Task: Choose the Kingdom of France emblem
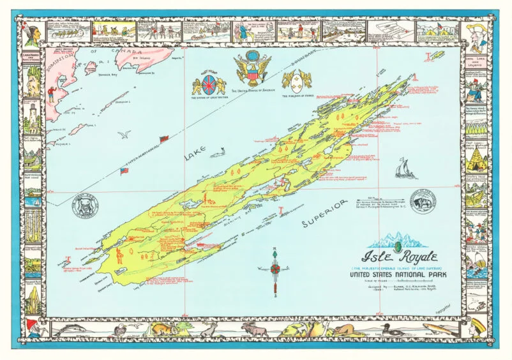pyautogui.click(x=296, y=80)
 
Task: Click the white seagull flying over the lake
pyautogui.click(x=126, y=135)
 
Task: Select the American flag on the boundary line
pyautogui.click(x=124, y=171)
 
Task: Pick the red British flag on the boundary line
pyautogui.click(x=163, y=139)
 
